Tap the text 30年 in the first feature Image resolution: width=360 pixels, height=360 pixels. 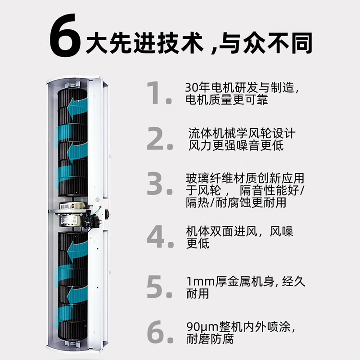click(197, 87)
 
